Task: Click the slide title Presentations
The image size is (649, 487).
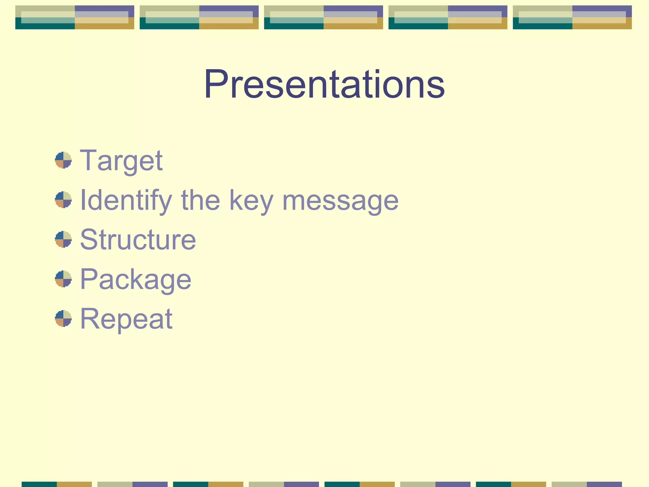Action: coord(324,84)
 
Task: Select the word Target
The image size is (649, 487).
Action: coord(121,161)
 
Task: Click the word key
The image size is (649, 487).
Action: coord(251,200)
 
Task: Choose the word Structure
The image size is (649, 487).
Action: coord(138,240)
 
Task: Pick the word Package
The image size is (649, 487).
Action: coord(136,280)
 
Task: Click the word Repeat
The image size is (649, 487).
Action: coord(126,319)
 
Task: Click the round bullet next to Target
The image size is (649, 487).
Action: coord(63,160)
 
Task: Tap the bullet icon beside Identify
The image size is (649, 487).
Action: coord(63,200)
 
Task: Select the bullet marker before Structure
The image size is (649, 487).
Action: coord(63,239)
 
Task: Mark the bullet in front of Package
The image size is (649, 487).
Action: coord(63,279)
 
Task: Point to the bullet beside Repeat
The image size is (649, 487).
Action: coord(63,319)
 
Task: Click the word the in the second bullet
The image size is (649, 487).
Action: coord(200,200)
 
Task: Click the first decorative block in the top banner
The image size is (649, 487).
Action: coord(74,17)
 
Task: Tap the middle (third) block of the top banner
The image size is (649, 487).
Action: coord(323,17)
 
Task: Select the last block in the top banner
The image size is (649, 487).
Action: coord(572,17)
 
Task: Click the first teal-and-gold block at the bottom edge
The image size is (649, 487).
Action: coord(56,484)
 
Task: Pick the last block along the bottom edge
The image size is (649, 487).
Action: coord(587,484)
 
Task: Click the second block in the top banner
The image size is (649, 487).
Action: coord(199,17)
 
